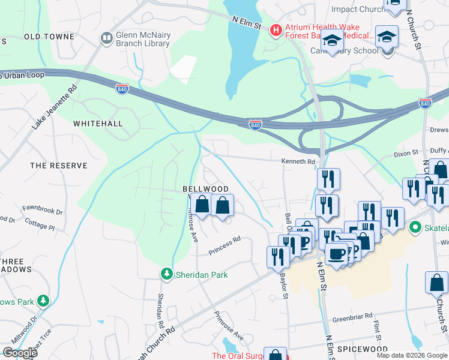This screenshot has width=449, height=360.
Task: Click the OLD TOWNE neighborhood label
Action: (49, 37)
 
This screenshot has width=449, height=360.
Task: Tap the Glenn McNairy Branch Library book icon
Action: (107, 38)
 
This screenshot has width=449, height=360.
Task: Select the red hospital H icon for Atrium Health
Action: (276, 29)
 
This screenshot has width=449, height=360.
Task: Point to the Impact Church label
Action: (358, 9)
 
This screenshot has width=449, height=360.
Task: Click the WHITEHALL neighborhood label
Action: (98, 124)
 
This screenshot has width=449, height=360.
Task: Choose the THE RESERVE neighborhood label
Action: (59, 165)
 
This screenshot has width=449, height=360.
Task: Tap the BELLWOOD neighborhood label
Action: (205, 189)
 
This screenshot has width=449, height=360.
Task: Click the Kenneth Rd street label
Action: (298, 161)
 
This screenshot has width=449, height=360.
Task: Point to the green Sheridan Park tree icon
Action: (166, 274)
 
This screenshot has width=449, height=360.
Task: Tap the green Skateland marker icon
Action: (414, 227)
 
